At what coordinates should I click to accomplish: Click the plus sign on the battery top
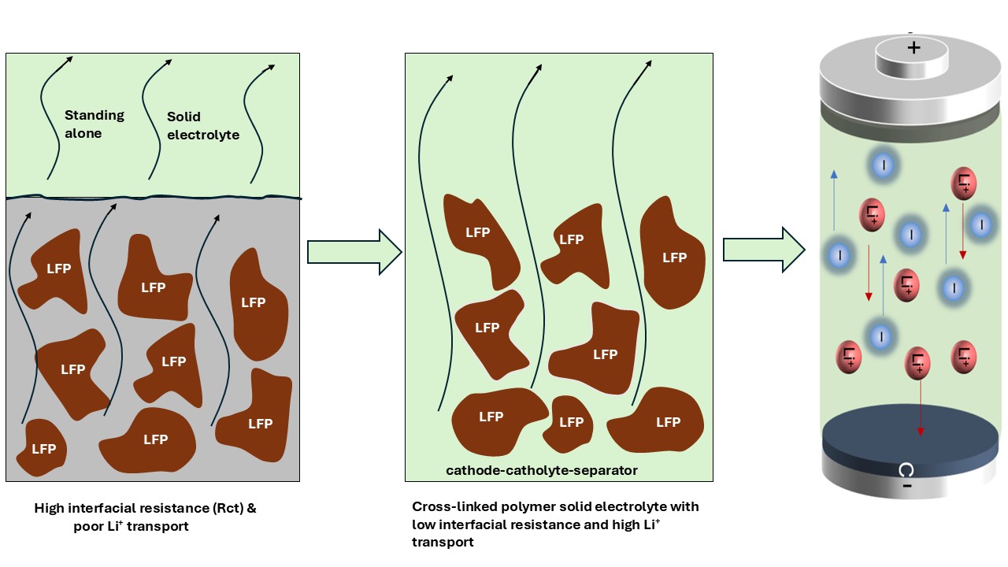(913, 48)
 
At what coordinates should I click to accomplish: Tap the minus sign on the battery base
(907, 486)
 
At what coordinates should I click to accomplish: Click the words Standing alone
(94, 124)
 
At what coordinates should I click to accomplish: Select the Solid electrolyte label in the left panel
(202, 126)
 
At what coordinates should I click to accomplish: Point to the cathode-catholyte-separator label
(542, 471)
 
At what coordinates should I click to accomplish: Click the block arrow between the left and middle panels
(354, 252)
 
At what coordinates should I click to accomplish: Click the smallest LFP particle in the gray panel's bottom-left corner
(43, 448)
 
